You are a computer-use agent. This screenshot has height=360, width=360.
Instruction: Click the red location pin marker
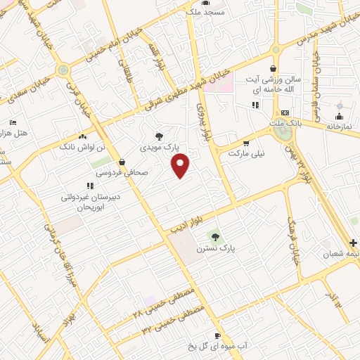click(181, 166)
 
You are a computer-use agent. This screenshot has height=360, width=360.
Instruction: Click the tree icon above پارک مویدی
click(161, 136)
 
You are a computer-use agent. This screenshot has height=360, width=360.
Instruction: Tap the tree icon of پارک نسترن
click(215, 236)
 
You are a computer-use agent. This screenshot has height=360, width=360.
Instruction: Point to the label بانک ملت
click(284, 123)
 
